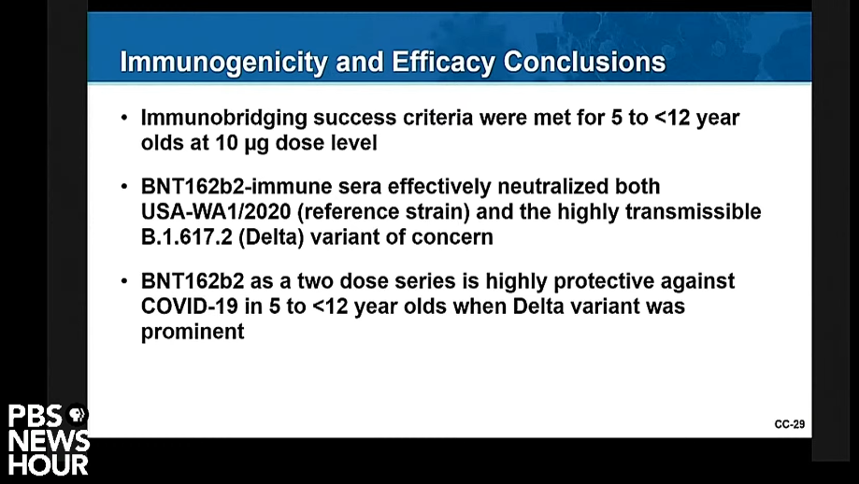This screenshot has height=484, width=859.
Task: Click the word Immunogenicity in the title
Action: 223,63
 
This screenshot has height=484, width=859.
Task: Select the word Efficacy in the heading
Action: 444,63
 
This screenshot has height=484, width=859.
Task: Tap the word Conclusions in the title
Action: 584,62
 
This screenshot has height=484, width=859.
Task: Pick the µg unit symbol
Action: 257,144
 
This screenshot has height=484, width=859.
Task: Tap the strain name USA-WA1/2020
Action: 215,212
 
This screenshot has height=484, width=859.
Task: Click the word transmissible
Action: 693,211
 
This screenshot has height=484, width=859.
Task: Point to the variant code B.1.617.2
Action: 186,237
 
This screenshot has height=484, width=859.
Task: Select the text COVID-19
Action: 190,306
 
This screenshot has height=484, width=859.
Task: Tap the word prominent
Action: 193,333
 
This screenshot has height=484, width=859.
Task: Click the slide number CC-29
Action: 790,424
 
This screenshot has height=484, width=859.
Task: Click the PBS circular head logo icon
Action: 77,415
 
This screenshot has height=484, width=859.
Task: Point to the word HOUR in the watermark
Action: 49,464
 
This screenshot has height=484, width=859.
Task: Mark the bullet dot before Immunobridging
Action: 124,117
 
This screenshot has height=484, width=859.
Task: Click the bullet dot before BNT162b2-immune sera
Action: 124,186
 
